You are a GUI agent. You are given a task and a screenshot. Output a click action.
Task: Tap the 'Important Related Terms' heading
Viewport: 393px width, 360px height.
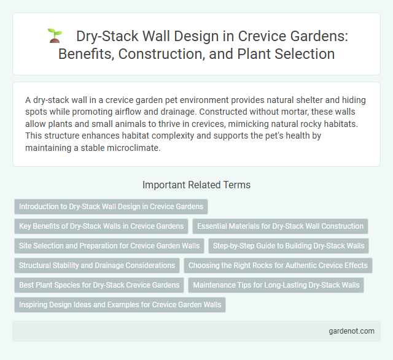pyautogui.click(x=196, y=185)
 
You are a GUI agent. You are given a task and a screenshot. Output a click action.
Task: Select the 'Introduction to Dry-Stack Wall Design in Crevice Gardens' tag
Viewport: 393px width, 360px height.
pyautogui.click(x=112, y=207)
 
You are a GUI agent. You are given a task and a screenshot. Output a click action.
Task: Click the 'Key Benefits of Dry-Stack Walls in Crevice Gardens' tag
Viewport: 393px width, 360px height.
pyautogui.click(x=101, y=226)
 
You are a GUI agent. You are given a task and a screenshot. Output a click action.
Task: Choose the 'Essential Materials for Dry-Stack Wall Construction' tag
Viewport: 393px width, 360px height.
pyautogui.click(x=280, y=226)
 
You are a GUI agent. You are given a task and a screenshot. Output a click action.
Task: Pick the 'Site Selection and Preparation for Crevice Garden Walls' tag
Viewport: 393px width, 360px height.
pyautogui.click(x=109, y=246)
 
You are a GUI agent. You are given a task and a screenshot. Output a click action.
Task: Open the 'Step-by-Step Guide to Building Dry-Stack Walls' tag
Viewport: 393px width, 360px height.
pyautogui.click(x=288, y=246)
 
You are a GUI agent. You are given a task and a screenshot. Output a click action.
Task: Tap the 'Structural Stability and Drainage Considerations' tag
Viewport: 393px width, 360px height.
pyautogui.click(x=97, y=266)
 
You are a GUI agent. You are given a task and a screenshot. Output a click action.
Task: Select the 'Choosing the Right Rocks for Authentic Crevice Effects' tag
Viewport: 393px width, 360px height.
pyautogui.click(x=278, y=266)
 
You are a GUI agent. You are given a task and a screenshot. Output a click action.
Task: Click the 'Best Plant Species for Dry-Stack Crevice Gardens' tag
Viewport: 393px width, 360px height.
pyautogui.click(x=99, y=285)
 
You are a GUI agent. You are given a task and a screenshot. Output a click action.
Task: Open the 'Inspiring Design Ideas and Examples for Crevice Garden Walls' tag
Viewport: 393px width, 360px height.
pyautogui.click(x=120, y=305)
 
